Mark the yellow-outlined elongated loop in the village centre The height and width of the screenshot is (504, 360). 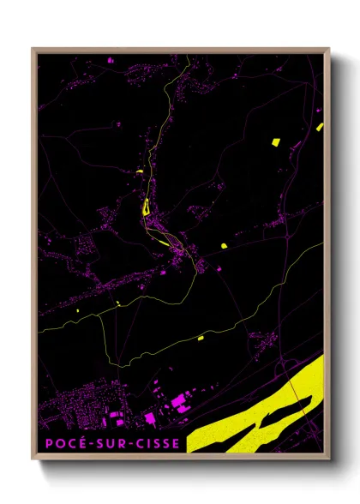145,207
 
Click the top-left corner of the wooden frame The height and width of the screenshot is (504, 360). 33,49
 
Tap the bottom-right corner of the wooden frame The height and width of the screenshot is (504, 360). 330,459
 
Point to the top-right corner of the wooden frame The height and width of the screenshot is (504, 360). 330,49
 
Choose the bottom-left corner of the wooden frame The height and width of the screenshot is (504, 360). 33,459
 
